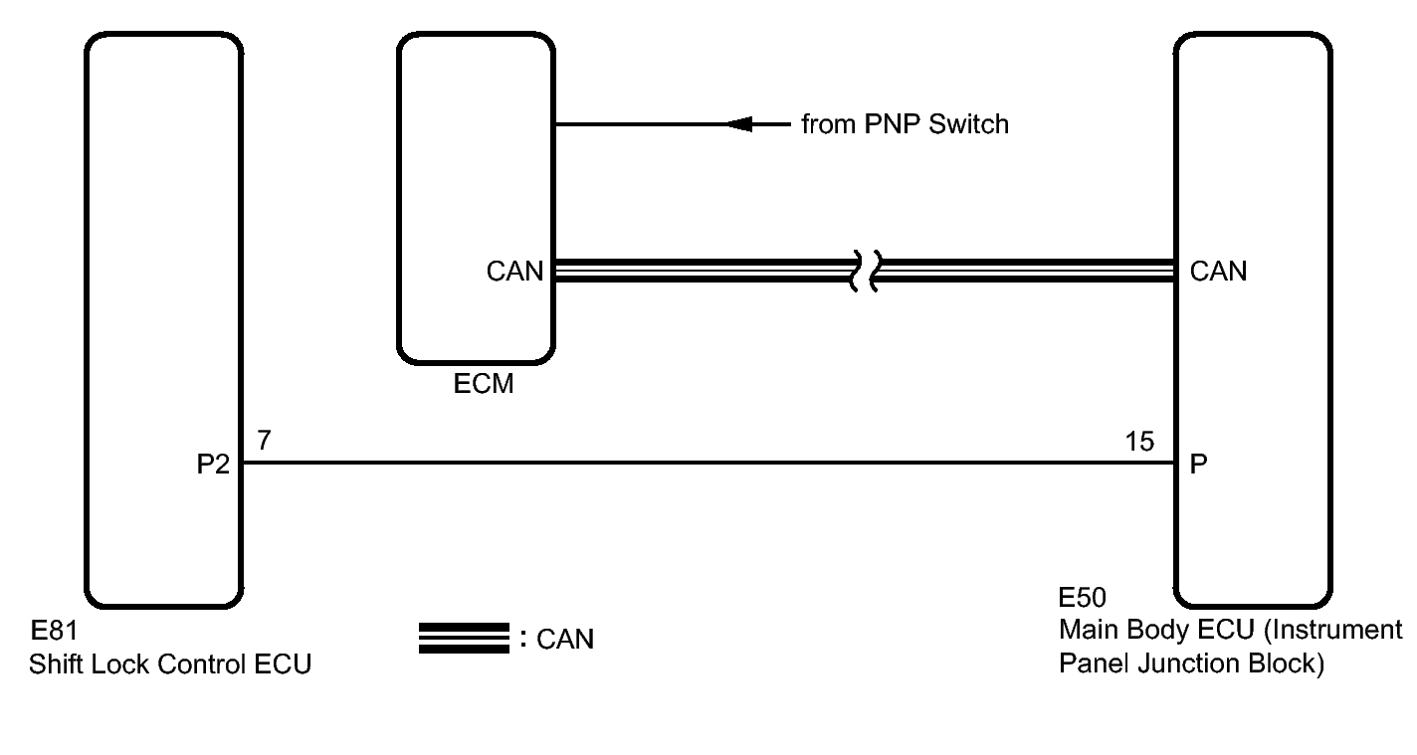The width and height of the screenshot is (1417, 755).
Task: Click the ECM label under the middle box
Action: tap(484, 383)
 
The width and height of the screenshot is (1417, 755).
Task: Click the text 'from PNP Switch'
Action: tap(905, 124)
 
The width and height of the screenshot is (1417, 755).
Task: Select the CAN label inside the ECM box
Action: tap(514, 271)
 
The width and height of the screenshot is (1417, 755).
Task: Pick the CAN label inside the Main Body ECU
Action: tap(1218, 271)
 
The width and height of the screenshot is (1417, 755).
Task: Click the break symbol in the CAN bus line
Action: tap(863, 271)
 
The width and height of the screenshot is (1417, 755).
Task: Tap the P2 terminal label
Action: tap(213, 465)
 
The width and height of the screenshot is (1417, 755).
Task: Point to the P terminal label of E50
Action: tap(1199, 465)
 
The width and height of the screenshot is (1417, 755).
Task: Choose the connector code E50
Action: tap(1083, 599)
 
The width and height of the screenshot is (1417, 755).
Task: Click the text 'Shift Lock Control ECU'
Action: tap(170, 664)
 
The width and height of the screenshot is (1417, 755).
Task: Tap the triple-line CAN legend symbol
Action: tap(464, 639)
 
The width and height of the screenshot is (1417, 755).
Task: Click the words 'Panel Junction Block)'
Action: tap(1191, 663)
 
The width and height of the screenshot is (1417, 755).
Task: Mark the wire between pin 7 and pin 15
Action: tap(697, 463)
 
